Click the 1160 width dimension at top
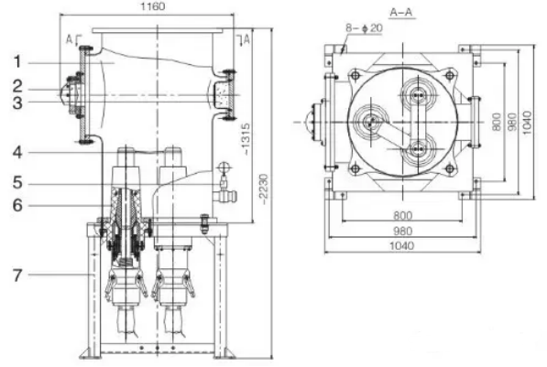point(153,6)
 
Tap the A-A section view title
point(401,13)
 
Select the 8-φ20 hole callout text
point(364,27)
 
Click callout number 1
point(17,62)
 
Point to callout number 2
point(17,86)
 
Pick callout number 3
point(17,103)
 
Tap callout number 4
point(17,153)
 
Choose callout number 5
point(17,183)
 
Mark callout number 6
point(17,205)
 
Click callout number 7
point(17,275)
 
